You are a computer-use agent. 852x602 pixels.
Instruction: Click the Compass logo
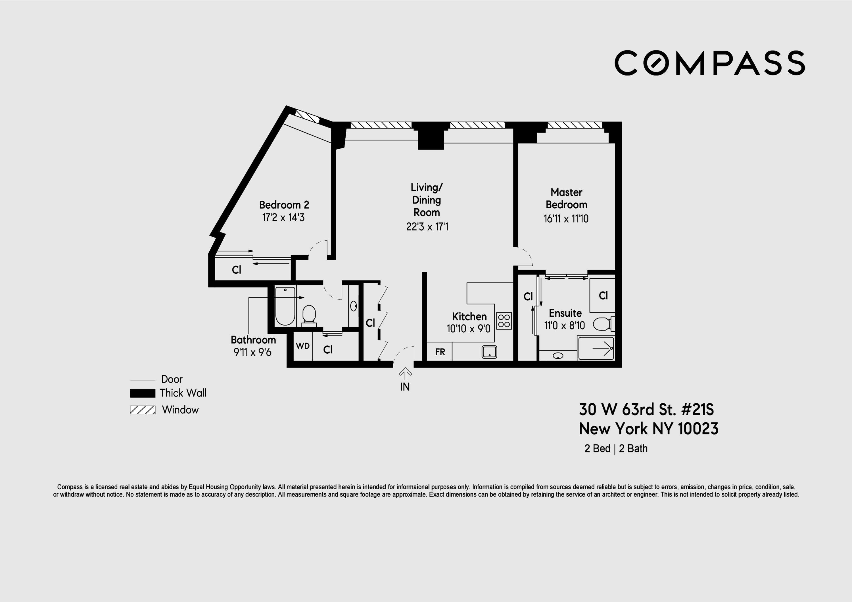coord(709,63)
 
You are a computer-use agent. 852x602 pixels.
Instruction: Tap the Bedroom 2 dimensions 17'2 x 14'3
coord(283,217)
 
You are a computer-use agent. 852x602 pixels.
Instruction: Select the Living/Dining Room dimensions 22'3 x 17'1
coord(427,226)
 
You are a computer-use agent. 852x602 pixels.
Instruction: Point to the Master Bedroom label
coord(566,198)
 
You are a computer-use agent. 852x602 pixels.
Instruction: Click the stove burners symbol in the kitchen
coord(504,321)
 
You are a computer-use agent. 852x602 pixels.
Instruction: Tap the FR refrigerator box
coord(440,352)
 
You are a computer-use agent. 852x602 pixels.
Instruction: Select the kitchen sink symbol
coord(489,352)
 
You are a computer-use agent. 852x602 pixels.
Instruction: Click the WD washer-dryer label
coord(302,346)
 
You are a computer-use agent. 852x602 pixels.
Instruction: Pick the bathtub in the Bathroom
coord(285,306)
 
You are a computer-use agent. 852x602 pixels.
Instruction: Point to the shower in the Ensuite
coord(596,348)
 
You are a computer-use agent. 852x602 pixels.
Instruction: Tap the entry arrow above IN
coord(405,373)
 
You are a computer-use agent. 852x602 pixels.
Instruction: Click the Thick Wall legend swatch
coord(143,393)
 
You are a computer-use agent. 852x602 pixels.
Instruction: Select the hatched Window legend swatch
coord(143,410)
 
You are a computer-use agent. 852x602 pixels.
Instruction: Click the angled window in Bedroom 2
coord(308,116)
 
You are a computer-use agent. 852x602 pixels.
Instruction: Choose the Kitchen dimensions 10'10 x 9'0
coord(468,329)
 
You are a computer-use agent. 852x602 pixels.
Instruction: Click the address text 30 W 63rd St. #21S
coord(646,410)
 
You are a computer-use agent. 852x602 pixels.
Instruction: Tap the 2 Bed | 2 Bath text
coord(616,448)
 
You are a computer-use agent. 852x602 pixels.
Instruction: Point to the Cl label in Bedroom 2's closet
coord(236,270)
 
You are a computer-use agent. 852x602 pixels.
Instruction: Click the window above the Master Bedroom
coord(575,125)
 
